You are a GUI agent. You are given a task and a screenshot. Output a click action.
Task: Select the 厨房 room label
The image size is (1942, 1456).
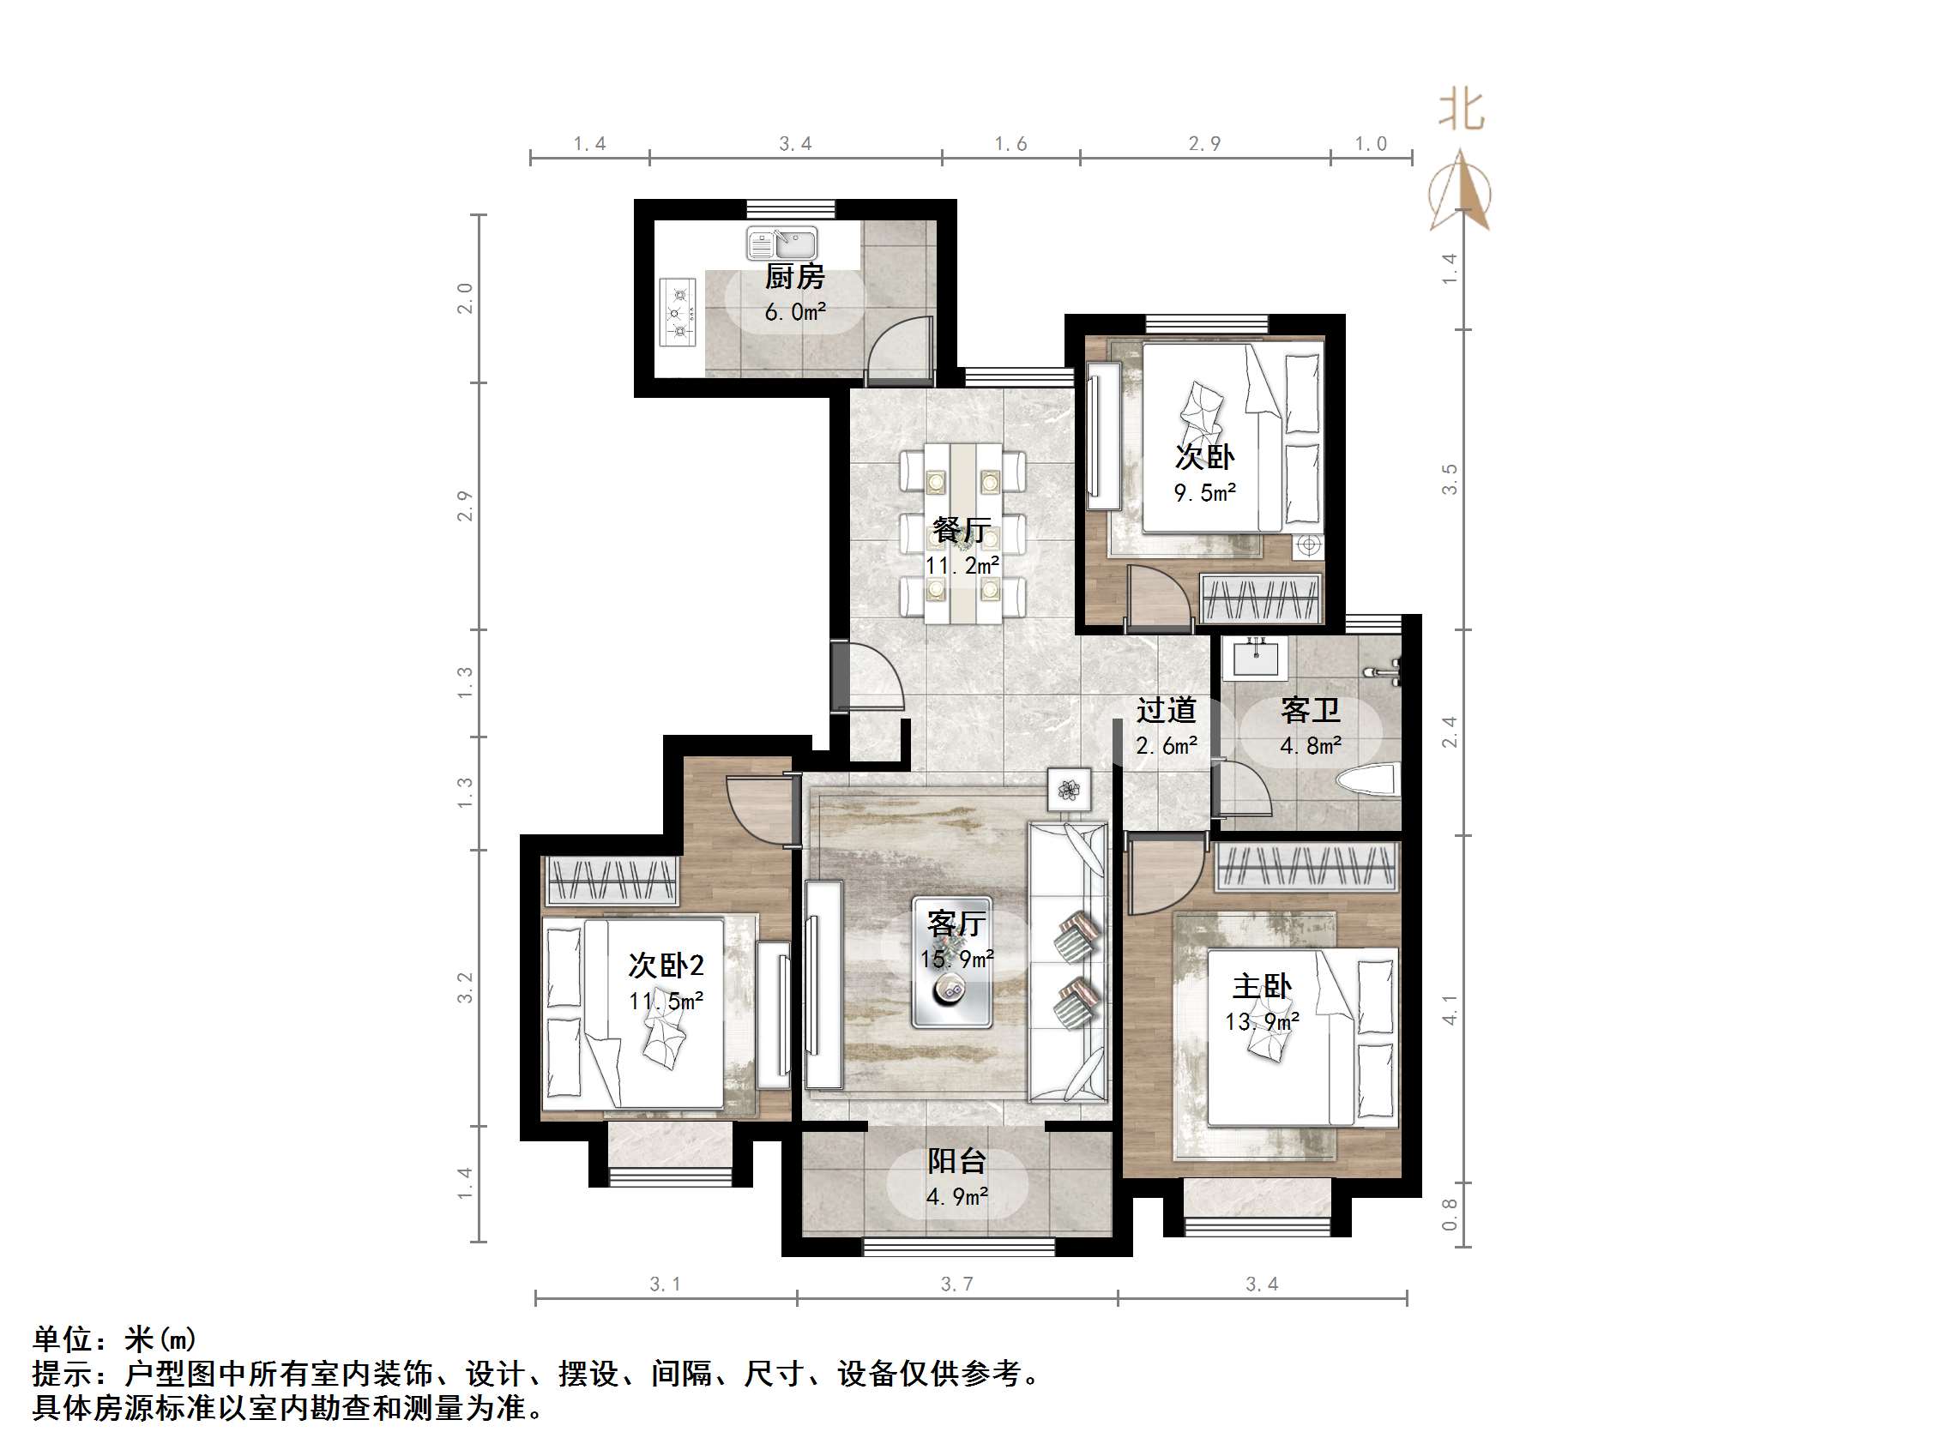794,276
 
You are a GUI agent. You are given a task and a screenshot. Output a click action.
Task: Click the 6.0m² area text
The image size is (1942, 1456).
794,312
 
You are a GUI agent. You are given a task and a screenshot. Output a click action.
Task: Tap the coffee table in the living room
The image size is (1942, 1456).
951,963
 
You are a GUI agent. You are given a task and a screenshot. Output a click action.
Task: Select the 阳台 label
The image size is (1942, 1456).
957,1161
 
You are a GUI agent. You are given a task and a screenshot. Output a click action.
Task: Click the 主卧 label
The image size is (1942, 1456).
1262,986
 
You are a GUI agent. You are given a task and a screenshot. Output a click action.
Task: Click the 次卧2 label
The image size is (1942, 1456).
666,966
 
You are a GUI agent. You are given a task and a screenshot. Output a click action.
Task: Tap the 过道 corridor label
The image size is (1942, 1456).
1166,710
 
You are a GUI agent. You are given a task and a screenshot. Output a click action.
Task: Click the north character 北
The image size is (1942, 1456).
1461,111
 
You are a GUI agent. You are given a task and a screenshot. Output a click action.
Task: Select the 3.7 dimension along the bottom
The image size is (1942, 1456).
956,1285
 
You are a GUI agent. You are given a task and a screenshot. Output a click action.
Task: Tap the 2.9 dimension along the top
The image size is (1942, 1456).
1203,144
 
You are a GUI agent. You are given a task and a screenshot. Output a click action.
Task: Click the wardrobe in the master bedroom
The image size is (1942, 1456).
1306,866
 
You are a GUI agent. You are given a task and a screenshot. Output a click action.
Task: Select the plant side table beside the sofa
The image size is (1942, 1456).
1069,790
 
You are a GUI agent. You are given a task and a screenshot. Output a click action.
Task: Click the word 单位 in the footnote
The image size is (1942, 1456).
63,1339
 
